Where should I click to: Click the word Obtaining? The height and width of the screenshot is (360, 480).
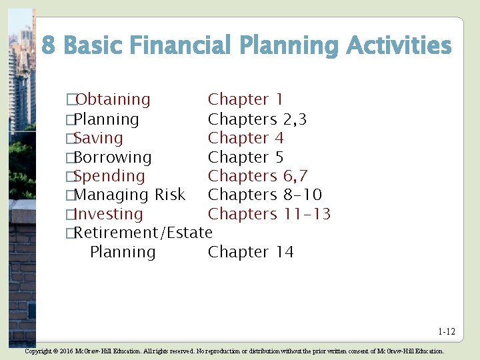pos(113,100)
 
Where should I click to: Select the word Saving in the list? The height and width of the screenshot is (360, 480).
pos(99,139)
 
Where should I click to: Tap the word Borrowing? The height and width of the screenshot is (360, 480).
pos(113,158)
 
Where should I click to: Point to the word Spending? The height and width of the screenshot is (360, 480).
pos(109,177)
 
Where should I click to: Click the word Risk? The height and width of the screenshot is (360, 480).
pos(169,195)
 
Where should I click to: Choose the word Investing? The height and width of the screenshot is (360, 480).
pos(108,215)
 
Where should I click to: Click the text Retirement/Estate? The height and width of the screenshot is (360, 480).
pos(143,233)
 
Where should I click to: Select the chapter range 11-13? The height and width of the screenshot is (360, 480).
pos(307,214)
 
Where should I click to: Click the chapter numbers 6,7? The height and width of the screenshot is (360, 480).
pos(295,177)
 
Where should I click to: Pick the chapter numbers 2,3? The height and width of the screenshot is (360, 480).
pos(295,120)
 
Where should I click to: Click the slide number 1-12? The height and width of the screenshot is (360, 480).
pos(447,331)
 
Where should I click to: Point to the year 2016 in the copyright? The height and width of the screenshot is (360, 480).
pos(63,351)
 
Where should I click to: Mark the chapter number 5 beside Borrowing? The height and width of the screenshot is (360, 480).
pos(279,158)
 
